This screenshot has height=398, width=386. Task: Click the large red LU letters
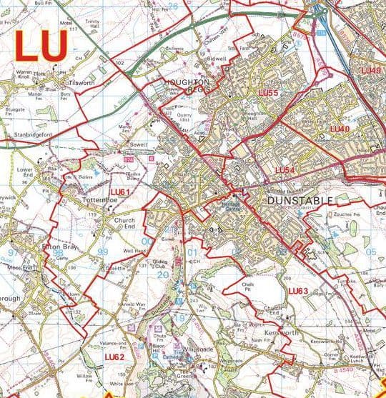pos(42,46)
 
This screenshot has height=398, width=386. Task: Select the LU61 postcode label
pos(121,192)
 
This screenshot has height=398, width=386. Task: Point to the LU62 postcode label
pos(114,356)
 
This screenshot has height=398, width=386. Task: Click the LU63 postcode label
pos(299,291)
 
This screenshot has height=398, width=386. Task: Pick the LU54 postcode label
pos(285,169)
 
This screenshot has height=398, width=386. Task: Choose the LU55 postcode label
pos(267,94)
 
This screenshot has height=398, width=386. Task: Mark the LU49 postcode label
pos(371,70)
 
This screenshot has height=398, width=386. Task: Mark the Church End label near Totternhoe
pos(124,225)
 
